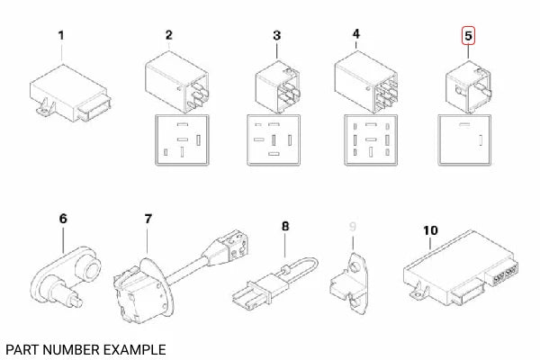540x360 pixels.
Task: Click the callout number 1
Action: click(61, 36)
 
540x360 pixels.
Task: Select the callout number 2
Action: click(168, 36)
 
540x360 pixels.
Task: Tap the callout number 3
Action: click(277, 36)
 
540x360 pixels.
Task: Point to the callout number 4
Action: click(356, 34)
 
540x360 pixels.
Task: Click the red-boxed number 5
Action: click(466, 36)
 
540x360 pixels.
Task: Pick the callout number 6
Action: click(62, 218)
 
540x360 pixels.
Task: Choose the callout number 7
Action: click(148, 219)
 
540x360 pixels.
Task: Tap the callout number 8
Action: click(285, 226)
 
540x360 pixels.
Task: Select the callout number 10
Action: click(430, 230)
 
